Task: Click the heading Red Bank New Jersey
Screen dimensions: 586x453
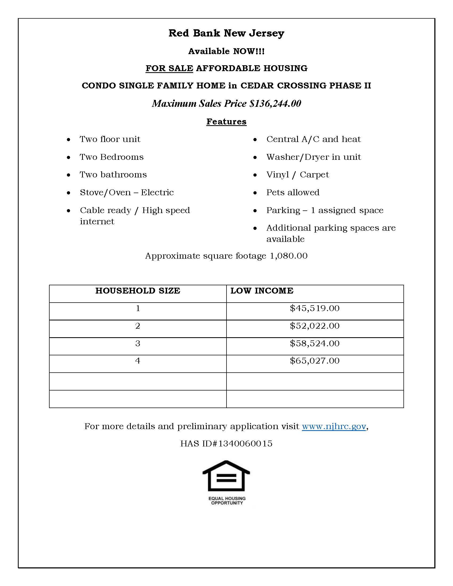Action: (x=226, y=33)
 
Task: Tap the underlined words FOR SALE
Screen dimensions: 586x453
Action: (x=169, y=68)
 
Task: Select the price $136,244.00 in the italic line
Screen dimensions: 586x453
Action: (x=275, y=104)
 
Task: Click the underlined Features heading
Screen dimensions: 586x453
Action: (x=226, y=121)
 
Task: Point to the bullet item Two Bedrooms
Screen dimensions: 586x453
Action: (x=111, y=157)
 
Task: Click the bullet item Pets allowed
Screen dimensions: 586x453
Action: (x=293, y=192)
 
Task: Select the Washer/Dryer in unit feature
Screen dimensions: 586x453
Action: (x=313, y=157)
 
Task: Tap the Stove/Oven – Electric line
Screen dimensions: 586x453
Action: (x=127, y=192)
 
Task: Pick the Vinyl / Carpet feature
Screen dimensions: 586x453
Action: (x=297, y=175)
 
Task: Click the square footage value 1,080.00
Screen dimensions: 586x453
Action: (x=289, y=256)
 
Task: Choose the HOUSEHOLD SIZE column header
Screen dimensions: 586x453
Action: (x=138, y=291)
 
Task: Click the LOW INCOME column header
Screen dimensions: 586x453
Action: (x=262, y=291)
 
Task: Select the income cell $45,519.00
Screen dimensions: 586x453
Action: (x=314, y=308)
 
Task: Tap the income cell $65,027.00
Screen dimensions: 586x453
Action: (x=314, y=361)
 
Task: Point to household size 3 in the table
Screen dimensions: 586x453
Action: (x=138, y=343)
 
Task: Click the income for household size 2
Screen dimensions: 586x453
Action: (x=314, y=326)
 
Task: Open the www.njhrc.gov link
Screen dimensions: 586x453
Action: (x=334, y=426)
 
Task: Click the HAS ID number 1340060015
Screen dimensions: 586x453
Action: (x=245, y=443)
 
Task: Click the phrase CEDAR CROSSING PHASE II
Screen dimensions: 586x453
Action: (x=305, y=86)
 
